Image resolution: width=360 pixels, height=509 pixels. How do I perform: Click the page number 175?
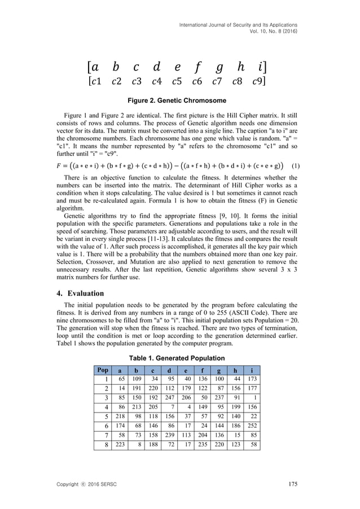click(292, 483)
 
